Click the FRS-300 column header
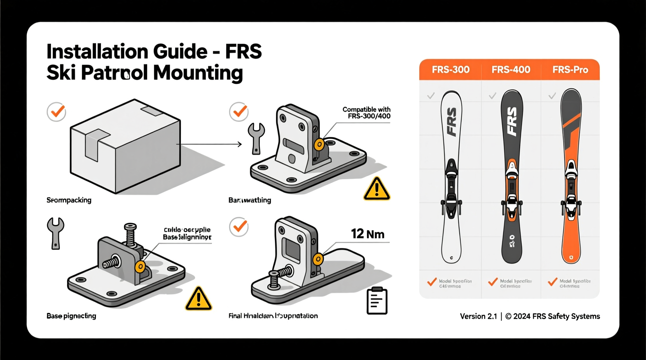(x=450, y=70)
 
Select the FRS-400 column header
(x=511, y=70)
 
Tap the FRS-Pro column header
(x=570, y=70)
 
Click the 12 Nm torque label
(x=367, y=234)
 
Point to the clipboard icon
(x=377, y=301)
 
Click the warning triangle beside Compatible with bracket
(x=377, y=190)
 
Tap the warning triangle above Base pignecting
(x=198, y=299)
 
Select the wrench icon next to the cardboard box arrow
(x=256, y=138)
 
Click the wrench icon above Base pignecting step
(x=56, y=233)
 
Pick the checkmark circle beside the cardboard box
(x=57, y=112)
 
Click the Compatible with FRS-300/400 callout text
(x=366, y=113)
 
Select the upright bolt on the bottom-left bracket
(x=130, y=235)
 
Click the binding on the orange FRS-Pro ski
(x=571, y=190)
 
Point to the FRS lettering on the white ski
(x=452, y=122)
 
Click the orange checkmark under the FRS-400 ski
(x=493, y=282)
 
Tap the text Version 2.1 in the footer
(x=478, y=317)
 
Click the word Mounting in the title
(x=198, y=73)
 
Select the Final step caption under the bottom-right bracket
(x=273, y=316)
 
